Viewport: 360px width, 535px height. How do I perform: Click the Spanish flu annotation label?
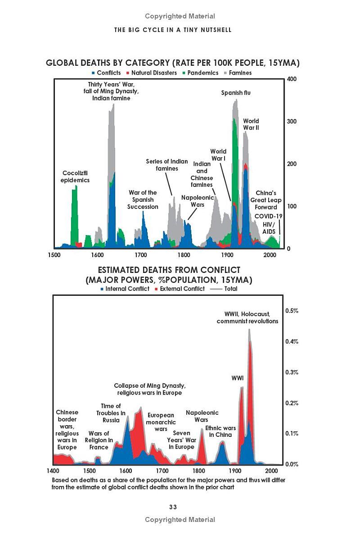click(x=235, y=93)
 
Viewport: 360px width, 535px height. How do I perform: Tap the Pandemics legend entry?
click(x=200, y=73)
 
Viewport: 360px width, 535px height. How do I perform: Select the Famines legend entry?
click(x=238, y=73)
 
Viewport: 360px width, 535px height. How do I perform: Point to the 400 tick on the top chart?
click(x=292, y=79)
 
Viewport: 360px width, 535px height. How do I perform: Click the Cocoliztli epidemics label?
click(x=75, y=177)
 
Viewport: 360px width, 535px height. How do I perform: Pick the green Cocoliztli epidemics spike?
click(x=74, y=215)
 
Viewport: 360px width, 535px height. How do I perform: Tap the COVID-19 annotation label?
click(x=268, y=216)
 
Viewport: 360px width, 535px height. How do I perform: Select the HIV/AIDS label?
click(x=269, y=228)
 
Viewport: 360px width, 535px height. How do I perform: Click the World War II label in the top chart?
click(x=251, y=124)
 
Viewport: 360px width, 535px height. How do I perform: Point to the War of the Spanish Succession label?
click(x=143, y=199)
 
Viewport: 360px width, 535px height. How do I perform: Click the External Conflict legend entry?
click(x=180, y=289)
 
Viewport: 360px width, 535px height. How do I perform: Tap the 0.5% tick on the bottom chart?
click(x=292, y=310)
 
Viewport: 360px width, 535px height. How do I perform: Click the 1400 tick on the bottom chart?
click(x=53, y=471)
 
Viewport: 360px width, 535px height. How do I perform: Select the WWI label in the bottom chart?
click(x=238, y=378)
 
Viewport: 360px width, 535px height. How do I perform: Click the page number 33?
click(x=173, y=507)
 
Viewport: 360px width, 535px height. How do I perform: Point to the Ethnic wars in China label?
click(x=220, y=431)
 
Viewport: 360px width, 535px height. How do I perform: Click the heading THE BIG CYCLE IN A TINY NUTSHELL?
click(x=173, y=30)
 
